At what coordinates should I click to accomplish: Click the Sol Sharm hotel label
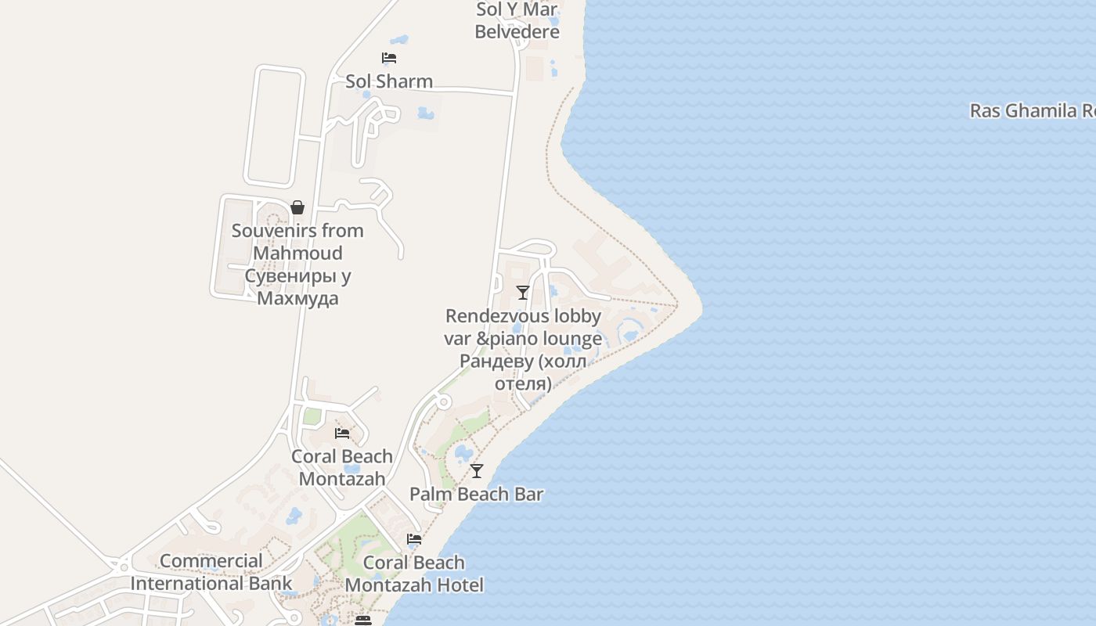389,81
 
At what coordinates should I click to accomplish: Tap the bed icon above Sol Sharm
389,58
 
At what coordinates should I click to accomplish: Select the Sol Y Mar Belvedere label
517,21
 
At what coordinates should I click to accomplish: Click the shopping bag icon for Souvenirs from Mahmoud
297,207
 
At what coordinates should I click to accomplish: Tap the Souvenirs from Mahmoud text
297,242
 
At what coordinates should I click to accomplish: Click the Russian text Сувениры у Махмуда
297,287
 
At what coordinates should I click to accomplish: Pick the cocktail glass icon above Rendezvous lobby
523,293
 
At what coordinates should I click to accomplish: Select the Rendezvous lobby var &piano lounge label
524,327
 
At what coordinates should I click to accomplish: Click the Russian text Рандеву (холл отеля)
523,372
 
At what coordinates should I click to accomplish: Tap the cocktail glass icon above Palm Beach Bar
476,471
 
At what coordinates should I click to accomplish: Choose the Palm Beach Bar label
476,495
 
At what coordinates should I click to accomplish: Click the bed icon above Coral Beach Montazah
342,434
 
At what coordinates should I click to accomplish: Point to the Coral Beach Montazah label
342,467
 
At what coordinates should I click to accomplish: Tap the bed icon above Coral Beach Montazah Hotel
414,539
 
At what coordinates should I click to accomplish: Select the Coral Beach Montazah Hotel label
414,574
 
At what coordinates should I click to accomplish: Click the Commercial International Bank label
211,572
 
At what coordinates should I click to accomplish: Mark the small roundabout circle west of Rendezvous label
444,402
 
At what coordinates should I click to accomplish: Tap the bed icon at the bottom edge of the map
362,620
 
